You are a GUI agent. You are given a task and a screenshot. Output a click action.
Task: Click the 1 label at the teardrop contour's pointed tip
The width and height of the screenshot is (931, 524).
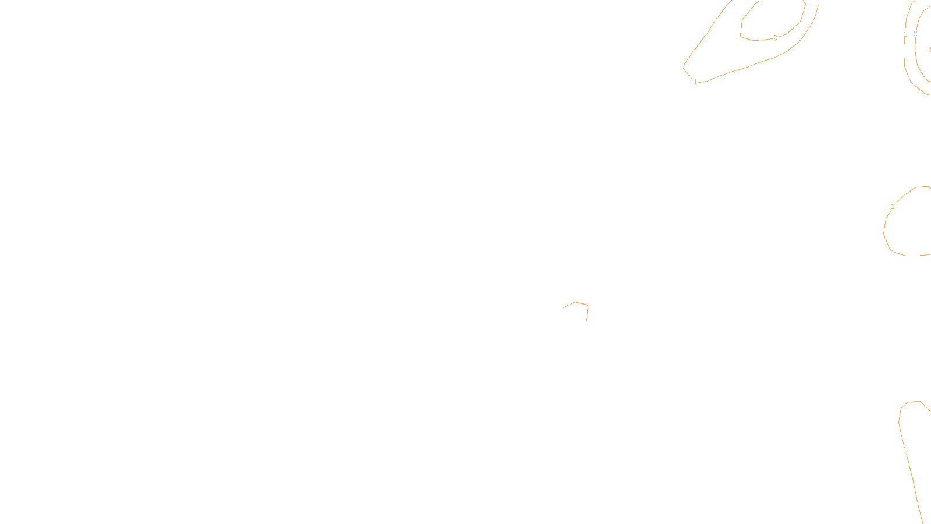(x=695, y=82)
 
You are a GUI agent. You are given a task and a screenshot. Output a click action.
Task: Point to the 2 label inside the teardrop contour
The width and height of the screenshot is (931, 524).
(x=775, y=38)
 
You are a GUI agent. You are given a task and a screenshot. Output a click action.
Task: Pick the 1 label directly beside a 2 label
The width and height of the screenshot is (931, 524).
(x=905, y=35)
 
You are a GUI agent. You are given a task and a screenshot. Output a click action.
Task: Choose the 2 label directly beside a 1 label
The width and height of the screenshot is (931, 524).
(x=915, y=34)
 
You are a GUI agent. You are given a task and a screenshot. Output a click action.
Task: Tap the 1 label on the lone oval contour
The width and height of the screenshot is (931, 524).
(x=893, y=207)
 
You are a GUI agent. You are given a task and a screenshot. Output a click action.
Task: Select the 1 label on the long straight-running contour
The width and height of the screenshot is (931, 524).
(x=905, y=450)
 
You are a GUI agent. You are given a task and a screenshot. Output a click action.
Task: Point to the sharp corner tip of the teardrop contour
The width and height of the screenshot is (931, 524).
(x=683, y=67)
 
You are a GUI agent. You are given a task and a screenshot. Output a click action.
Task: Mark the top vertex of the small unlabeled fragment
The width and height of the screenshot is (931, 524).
(x=575, y=302)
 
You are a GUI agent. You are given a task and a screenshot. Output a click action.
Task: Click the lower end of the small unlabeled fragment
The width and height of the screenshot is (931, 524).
(x=586, y=320)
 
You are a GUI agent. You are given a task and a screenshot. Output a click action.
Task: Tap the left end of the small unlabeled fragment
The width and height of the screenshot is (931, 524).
(x=564, y=307)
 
